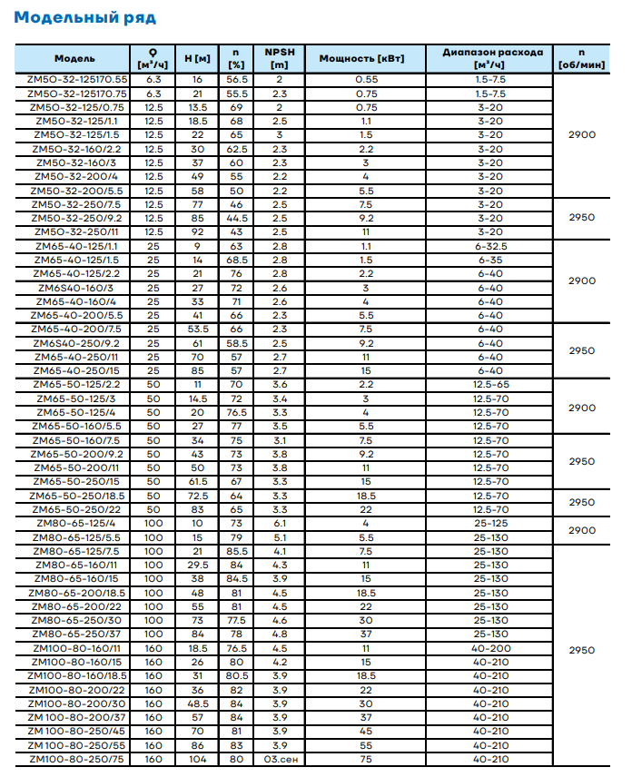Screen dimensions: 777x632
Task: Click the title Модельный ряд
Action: tap(85, 17)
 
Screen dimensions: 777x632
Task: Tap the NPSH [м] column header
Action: tap(279, 59)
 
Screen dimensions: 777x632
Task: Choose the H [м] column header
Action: tap(197, 59)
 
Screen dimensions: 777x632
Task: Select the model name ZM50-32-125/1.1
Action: tap(76, 122)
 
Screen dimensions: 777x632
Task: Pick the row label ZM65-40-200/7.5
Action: tap(75, 329)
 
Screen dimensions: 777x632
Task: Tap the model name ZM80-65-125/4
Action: tap(76, 523)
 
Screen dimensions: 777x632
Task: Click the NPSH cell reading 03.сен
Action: tap(279, 759)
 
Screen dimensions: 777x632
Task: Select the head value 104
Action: tap(197, 759)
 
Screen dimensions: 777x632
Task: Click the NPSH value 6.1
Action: tap(279, 523)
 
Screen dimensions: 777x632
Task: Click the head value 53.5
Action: tap(197, 329)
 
